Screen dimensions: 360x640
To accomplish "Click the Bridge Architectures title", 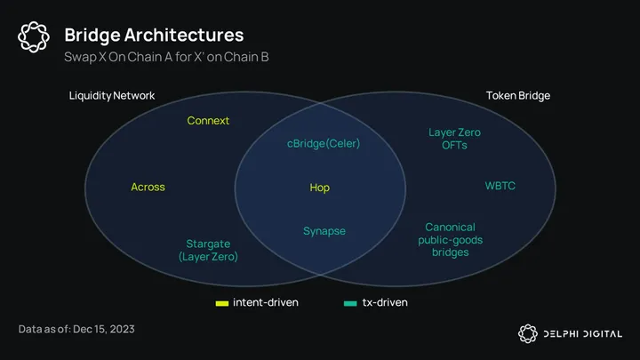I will pyautogui.click(x=154, y=36).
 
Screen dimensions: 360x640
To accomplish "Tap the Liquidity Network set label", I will pyautogui.click(x=112, y=95).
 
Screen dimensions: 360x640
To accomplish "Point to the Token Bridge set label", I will pyautogui.click(x=518, y=95).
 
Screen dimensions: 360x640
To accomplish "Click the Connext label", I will pyautogui.click(x=208, y=120).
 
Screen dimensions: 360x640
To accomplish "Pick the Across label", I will pyautogui.click(x=148, y=187).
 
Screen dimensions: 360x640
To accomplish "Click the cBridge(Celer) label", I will pyautogui.click(x=324, y=142).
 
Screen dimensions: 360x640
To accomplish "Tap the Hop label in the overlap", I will pyautogui.click(x=319, y=188).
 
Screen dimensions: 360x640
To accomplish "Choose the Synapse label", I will pyautogui.click(x=324, y=231).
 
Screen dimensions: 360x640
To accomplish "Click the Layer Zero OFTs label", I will pyautogui.click(x=455, y=139).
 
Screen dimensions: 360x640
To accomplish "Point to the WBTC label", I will pyautogui.click(x=500, y=186).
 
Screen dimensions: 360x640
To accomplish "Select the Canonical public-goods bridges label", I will pyautogui.click(x=450, y=240).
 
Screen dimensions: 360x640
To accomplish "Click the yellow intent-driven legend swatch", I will pyautogui.click(x=222, y=303).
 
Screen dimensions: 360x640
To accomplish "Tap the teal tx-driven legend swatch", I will pyautogui.click(x=350, y=303).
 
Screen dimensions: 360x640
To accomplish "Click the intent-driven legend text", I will pyautogui.click(x=265, y=302).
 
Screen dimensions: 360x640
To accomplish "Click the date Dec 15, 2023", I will pyautogui.click(x=104, y=330).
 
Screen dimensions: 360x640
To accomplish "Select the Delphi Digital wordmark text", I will pyautogui.click(x=587, y=333).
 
